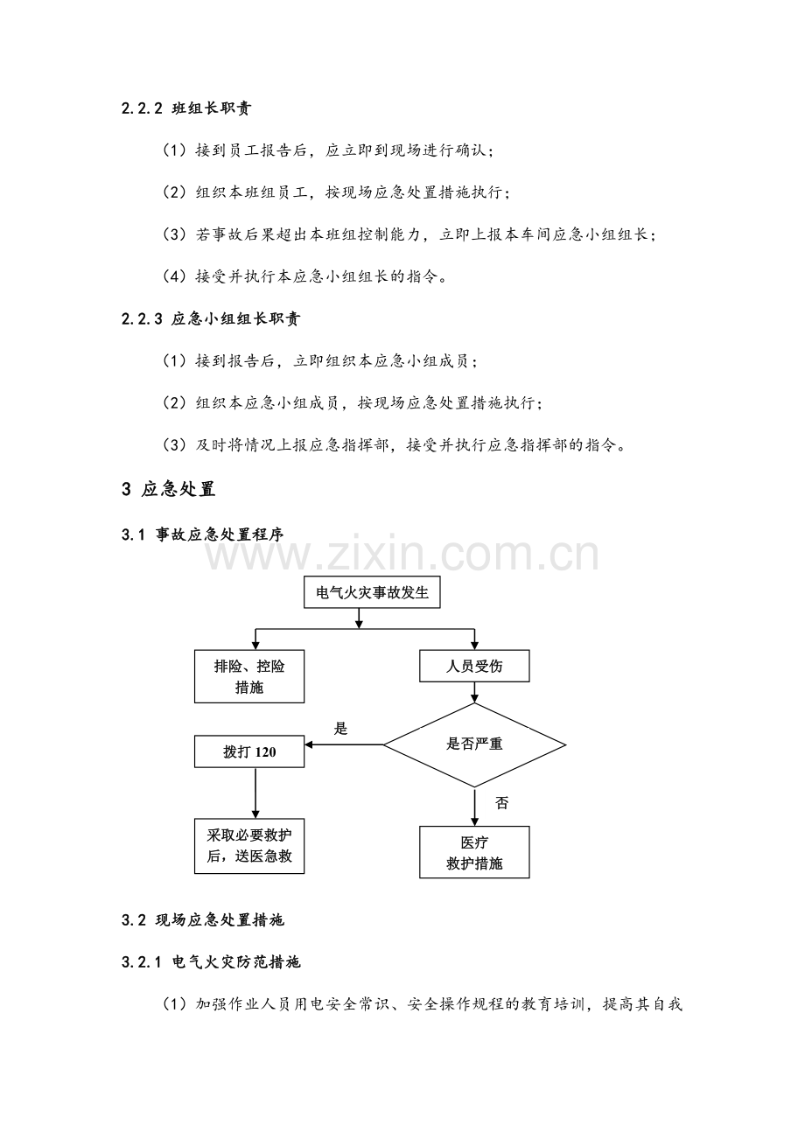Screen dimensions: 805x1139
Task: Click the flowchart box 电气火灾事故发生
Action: [x=372, y=592]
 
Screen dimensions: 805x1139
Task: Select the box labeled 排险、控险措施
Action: [x=249, y=676]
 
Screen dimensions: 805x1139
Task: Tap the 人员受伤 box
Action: [x=474, y=666]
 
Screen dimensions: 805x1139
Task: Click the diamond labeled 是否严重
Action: [x=474, y=745]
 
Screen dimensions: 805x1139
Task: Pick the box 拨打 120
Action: [x=249, y=751]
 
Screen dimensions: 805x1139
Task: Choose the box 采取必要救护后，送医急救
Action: [x=249, y=846]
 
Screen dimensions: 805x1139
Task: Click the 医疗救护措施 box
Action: [x=474, y=852]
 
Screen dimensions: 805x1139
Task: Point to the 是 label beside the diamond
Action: [x=340, y=729]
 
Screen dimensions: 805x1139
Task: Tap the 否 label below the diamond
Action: [x=502, y=803]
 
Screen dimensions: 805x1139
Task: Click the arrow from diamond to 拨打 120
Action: [x=344, y=745]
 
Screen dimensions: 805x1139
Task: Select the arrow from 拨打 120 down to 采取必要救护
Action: [x=255, y=793]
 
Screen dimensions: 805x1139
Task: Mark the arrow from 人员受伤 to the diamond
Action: [x=474, y=693]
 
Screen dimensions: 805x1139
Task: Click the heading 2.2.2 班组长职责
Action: [x=186, y=108]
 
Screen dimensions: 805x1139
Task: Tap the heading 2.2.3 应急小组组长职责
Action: [x=211, y=318]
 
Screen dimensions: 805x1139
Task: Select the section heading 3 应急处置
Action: [x=168, y=489]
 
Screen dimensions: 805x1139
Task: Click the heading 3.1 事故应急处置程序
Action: [x=202, y=535]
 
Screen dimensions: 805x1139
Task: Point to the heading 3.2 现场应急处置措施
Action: [x=202, y=920]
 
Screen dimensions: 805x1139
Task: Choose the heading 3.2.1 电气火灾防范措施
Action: [x=211, y=962]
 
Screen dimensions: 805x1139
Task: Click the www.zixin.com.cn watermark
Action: [x=402, y=553]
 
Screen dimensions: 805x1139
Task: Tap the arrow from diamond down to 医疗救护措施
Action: [x=474, y=807]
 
